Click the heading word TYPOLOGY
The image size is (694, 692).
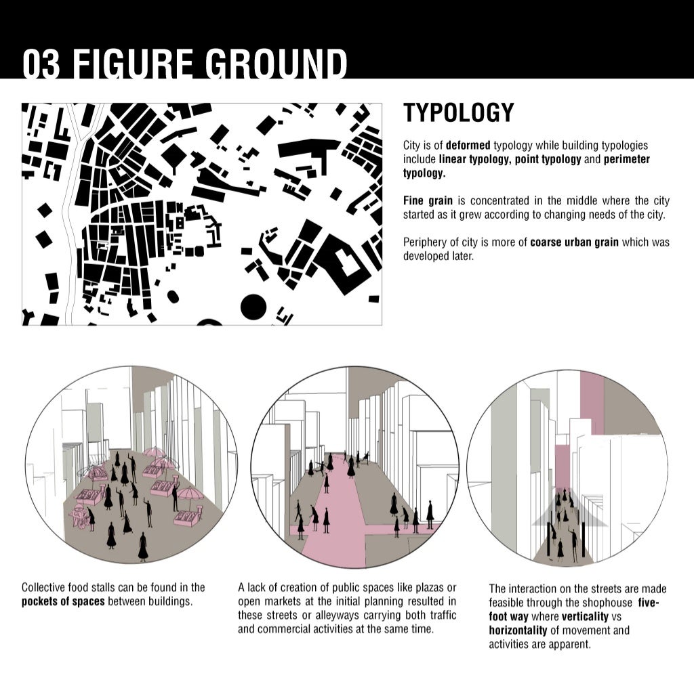(459, 113)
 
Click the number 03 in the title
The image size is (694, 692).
(43, 64)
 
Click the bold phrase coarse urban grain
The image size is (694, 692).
(574, 242)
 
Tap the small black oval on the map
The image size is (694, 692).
(173, 296)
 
